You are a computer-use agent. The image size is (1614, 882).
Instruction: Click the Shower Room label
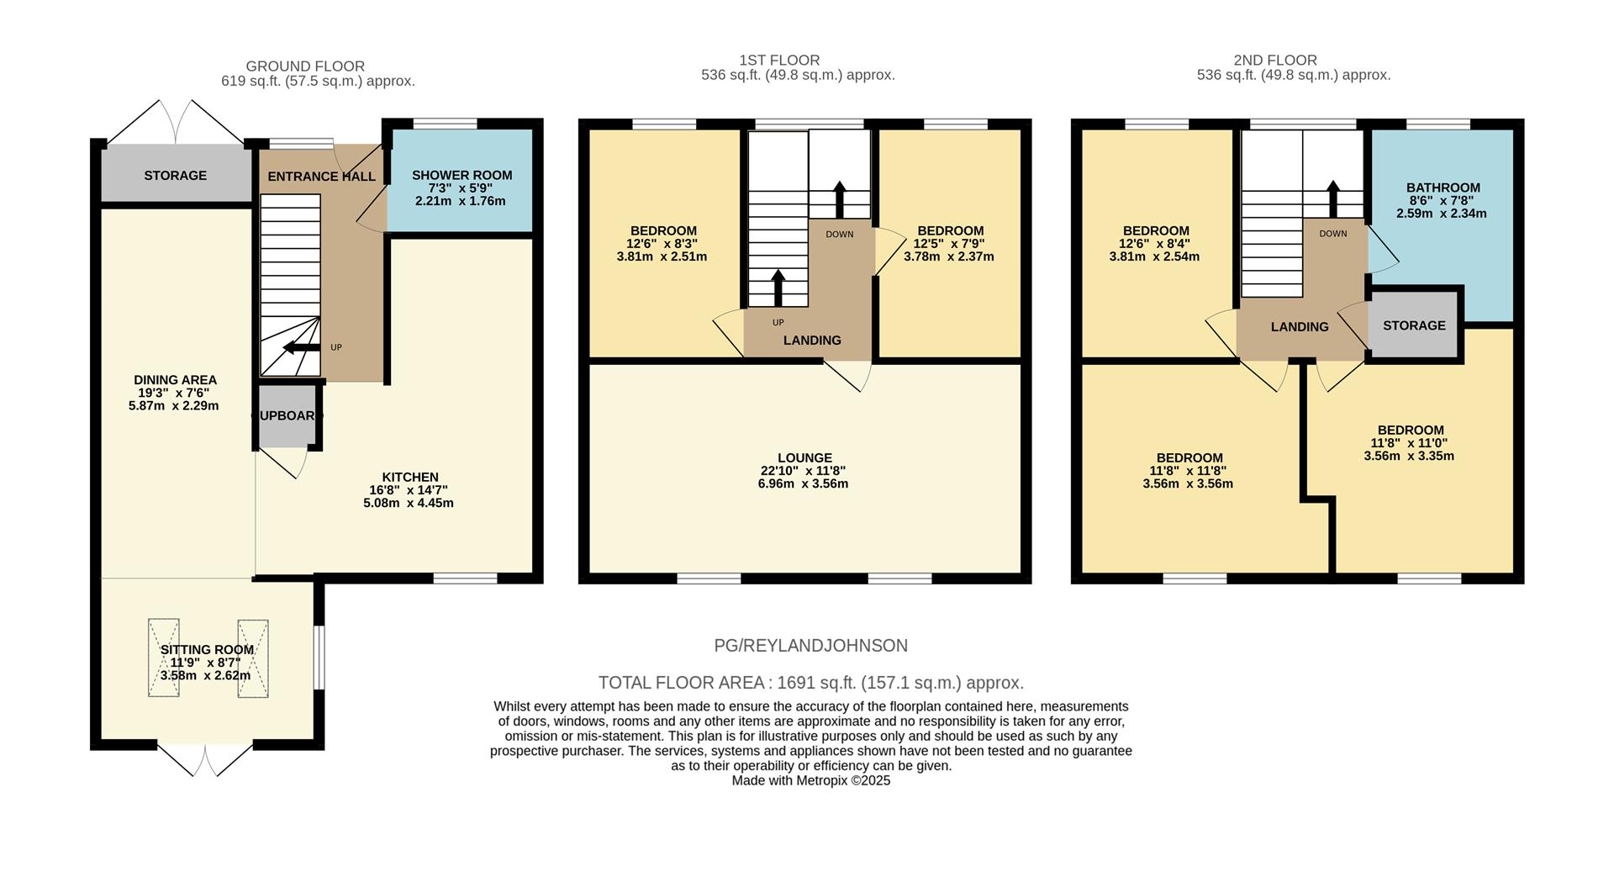coord(462,175)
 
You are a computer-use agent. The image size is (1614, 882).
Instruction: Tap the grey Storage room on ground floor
coord(175,175)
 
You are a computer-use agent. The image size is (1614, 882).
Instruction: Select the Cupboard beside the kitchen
coord(287,415)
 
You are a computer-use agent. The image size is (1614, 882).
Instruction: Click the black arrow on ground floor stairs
coord(301,347)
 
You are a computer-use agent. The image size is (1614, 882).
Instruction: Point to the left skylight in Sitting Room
coord(164,658)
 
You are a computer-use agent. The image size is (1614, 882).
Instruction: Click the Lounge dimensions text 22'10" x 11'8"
coord(804,471)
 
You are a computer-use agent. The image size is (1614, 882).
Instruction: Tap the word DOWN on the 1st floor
coord(839,235)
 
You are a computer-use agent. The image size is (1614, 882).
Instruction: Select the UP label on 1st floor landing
coord(778,323)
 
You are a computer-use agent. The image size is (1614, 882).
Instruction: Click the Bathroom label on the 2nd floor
coord(1443,187)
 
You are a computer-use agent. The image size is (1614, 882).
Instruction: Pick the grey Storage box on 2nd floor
coord(1414,325)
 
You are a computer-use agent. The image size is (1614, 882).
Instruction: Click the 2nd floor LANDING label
coord(1300,327)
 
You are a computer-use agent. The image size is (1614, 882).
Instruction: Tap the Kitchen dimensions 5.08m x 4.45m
coord(409,503)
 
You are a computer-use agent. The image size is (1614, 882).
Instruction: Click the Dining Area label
coord(175,380)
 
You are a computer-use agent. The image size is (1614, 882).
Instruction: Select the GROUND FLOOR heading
coord(305,66)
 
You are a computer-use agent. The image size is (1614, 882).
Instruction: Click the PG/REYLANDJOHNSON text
coord(810,646)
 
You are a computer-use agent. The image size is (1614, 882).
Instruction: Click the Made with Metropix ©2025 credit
coord(810,780)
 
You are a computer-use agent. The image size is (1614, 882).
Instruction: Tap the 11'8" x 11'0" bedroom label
coord(1409,443)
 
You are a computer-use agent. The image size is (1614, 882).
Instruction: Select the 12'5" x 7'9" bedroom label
coord(950,244)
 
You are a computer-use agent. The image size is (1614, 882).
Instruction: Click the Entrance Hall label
coord(321,177)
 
